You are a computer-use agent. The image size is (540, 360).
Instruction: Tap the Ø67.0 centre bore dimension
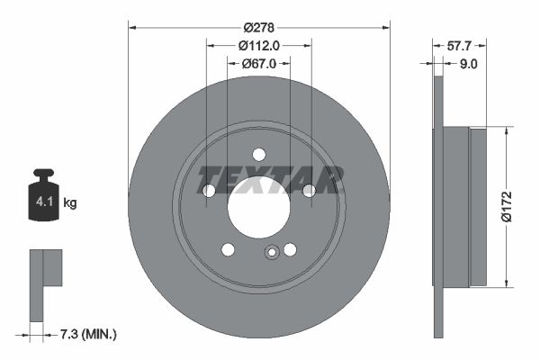point(259,63)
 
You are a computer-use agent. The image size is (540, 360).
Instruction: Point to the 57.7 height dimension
point(462,44)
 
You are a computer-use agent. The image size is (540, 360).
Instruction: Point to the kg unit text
point(70,203)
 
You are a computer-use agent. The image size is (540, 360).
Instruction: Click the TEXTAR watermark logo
point(271,178)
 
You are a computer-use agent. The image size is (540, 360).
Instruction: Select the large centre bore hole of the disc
point(259,208)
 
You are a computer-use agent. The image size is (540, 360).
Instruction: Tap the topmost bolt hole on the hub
point(259,154)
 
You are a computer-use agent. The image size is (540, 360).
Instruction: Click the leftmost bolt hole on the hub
point(209,191)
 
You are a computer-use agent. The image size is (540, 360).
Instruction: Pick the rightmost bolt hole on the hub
point(310,191)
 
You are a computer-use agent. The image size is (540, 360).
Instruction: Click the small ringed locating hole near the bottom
point(270,253)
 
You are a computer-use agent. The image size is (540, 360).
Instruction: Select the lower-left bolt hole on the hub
point(228,249)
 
